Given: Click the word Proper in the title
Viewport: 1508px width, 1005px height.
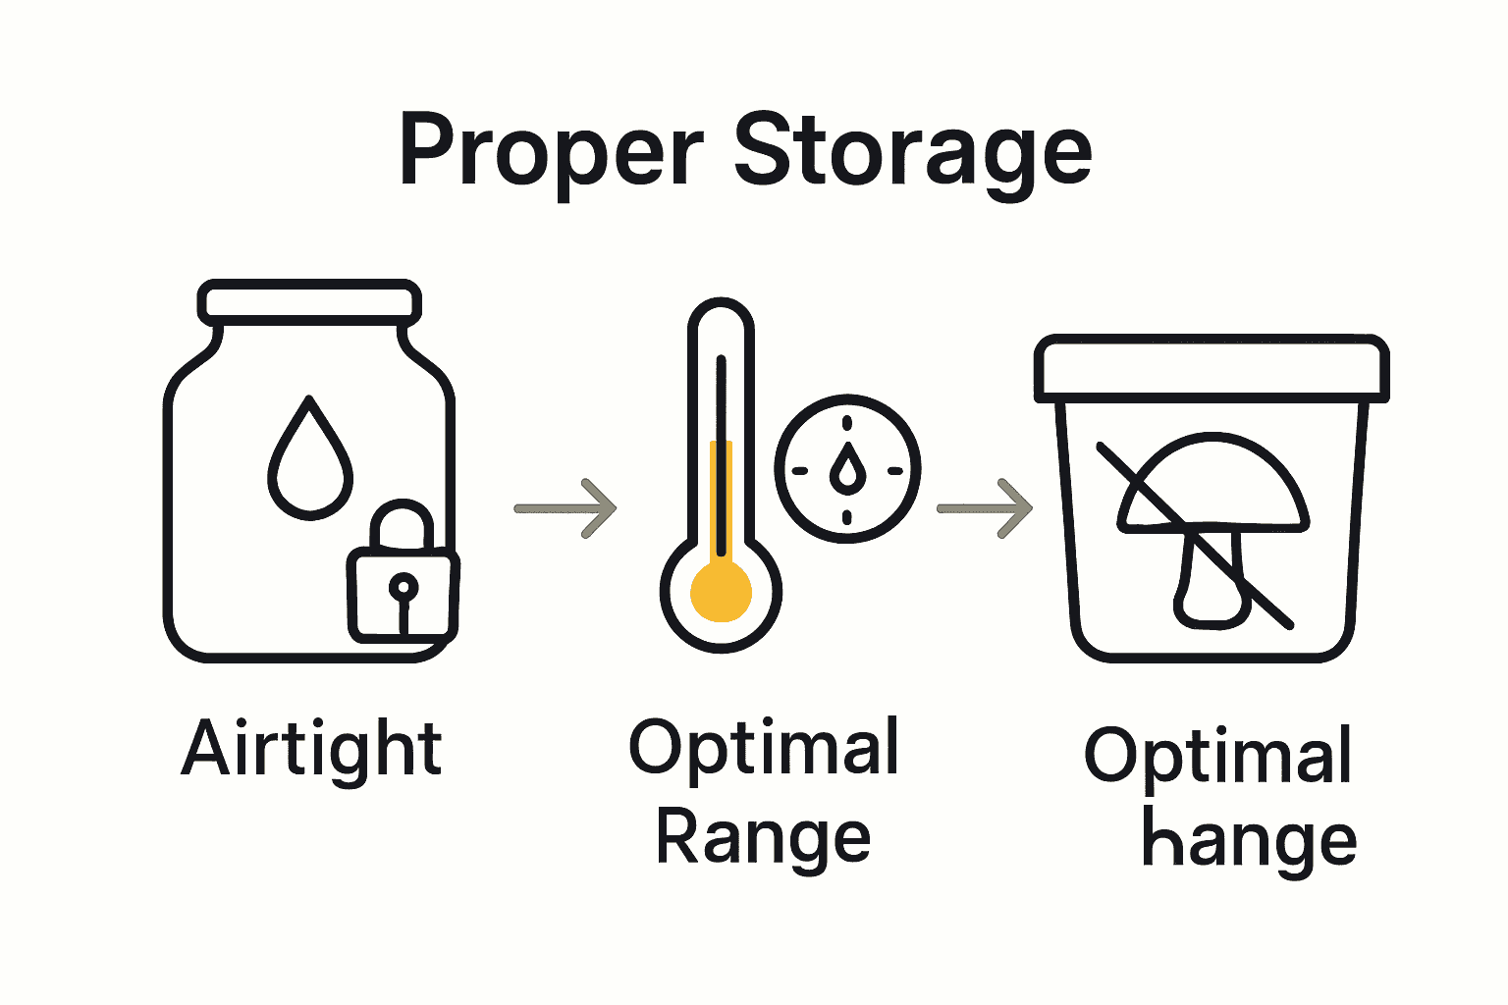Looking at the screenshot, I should click(551, 152).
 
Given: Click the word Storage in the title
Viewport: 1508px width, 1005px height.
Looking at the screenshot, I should click(913, 152).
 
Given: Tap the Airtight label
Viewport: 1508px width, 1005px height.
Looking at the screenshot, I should click(312, 750).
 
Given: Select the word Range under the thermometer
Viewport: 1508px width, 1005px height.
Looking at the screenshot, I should click(763, 839).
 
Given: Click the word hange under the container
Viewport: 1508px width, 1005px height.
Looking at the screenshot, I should click(1249, 842).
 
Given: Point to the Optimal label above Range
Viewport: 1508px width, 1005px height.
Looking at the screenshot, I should click(763, 748).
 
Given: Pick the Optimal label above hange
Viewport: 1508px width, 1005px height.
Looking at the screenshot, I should click(1218, 756).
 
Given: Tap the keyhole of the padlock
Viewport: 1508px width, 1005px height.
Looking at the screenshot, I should click(403, 589).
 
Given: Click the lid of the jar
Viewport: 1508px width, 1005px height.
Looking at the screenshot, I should click(309, 300).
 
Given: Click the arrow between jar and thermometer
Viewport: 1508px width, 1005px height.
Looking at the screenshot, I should click(566, 508).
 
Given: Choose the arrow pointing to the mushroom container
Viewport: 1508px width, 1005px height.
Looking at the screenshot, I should click(985, 508).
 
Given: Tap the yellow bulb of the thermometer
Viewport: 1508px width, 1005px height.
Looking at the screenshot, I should click(722, 591).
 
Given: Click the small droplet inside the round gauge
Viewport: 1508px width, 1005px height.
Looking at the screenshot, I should click(847, 469).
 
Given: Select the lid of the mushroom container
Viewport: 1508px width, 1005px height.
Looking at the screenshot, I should click(1212, 368).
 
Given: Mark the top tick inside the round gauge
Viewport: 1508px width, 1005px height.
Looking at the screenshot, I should click(847, 424).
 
